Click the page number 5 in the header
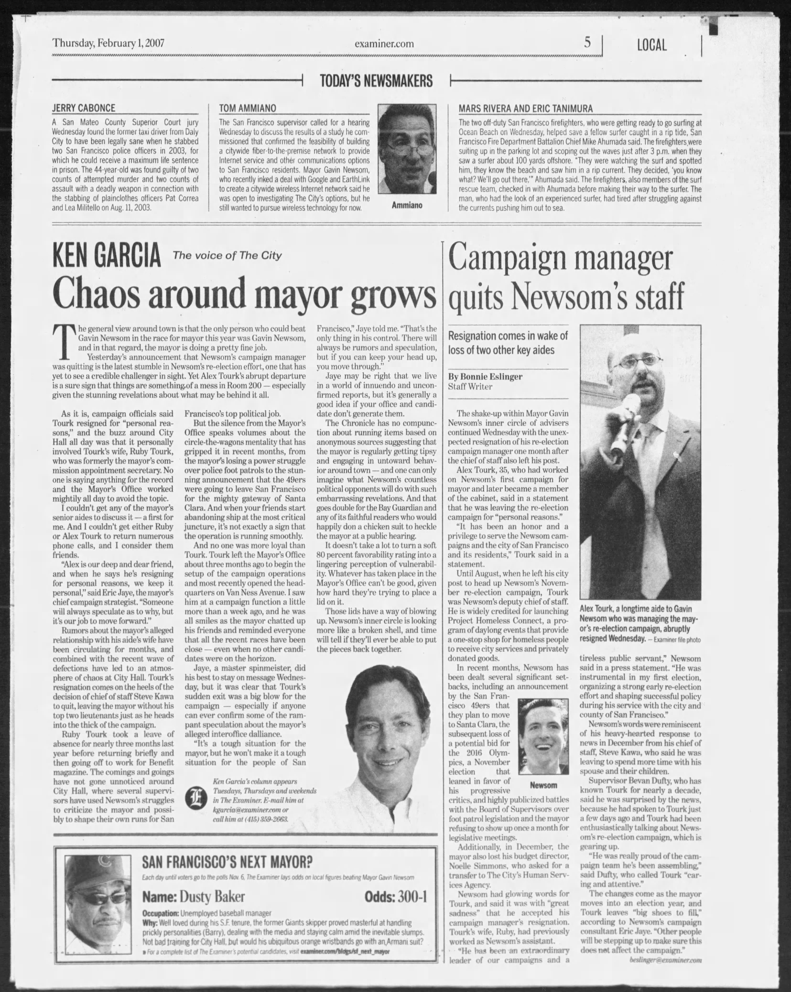[587, 43]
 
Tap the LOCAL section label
[652, 45]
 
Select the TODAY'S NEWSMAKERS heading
[376, 81]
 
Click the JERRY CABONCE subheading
[83, 108]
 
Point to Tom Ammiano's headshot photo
[407, 149]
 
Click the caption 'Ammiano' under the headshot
[407, 205]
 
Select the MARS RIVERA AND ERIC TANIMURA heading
[526, 108]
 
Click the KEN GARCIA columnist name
[107, 256]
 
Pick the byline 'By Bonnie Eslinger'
[485, 376]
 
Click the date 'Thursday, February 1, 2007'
[108, 43]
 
